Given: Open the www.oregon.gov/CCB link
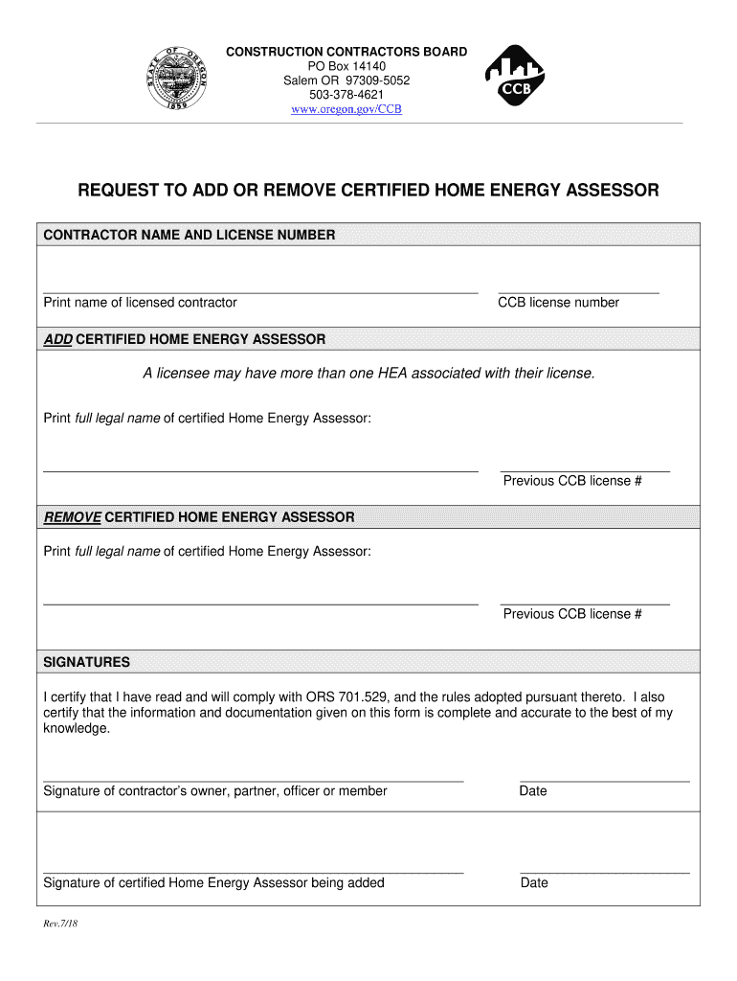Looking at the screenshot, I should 346,109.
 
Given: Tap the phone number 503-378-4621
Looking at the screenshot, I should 346,95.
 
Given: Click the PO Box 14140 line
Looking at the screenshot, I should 346,66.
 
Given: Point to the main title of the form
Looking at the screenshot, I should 368,191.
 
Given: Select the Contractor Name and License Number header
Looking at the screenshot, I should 190,235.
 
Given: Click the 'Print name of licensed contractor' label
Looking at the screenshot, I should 141,303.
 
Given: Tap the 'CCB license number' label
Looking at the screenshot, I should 558,303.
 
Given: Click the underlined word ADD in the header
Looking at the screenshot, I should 57,339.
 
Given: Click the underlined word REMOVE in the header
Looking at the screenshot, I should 73,517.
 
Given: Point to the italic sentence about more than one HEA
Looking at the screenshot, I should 368,373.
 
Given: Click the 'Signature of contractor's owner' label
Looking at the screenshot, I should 215,791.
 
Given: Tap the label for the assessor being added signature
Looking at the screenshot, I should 213,883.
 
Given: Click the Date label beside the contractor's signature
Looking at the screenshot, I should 533,791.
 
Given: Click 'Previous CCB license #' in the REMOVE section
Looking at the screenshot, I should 572,614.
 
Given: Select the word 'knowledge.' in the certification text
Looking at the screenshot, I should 77,728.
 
